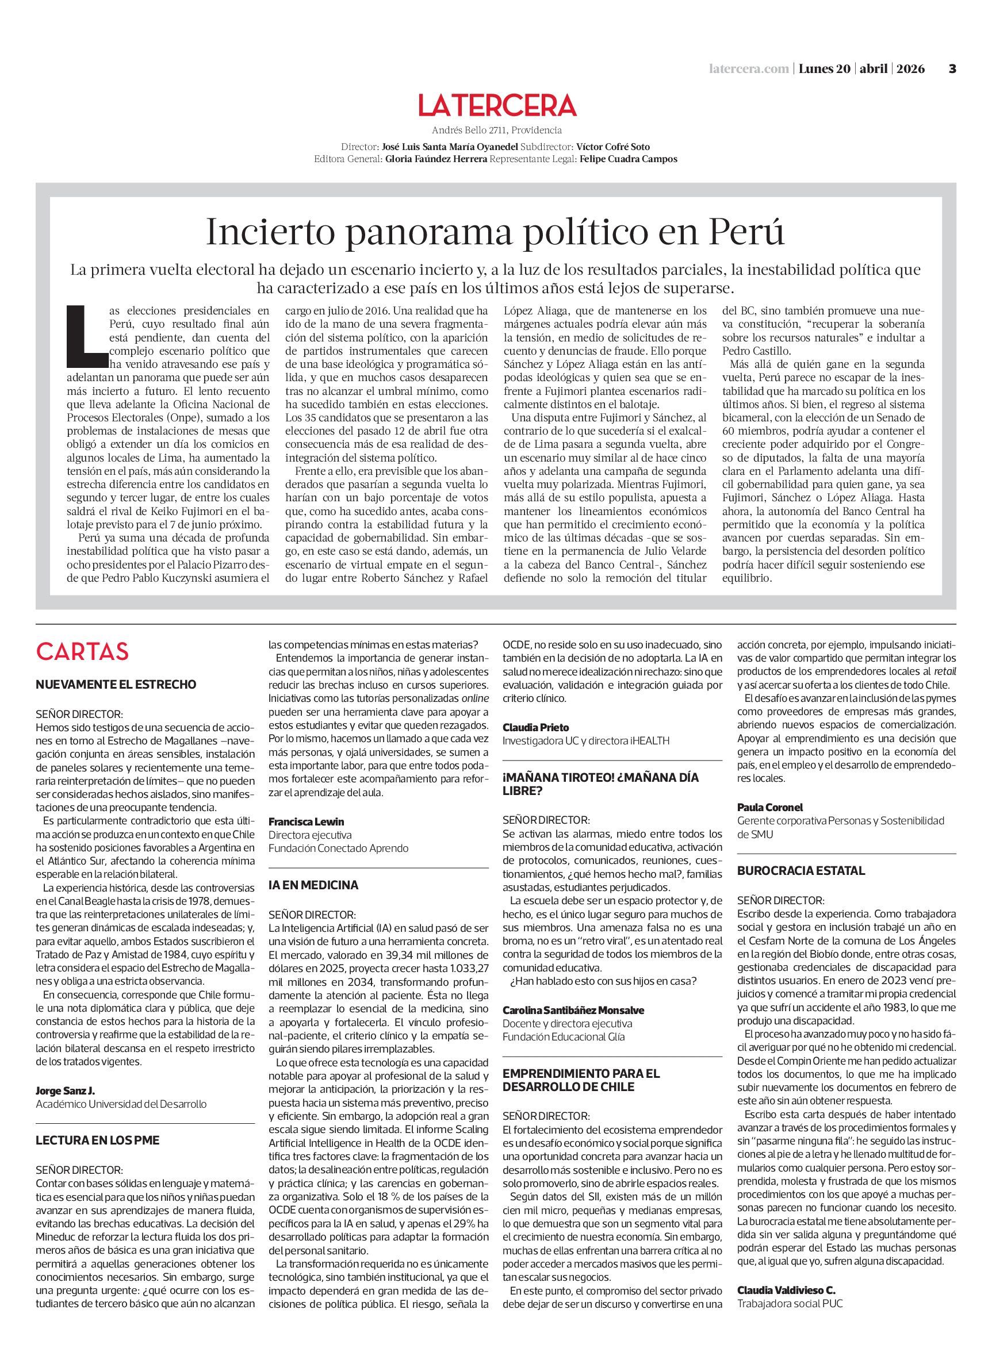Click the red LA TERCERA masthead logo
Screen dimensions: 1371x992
(x=497, y=105)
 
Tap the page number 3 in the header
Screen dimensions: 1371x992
(x=952, y=69)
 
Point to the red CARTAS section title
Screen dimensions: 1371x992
(x=82, y=652)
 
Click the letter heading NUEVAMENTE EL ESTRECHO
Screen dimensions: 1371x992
(x=116, y=685)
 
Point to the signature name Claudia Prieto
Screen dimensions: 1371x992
(x=535, y=727)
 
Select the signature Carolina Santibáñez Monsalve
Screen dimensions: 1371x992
(x=573, y=1010)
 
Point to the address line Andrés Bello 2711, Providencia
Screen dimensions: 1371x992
(x=497, y=130)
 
